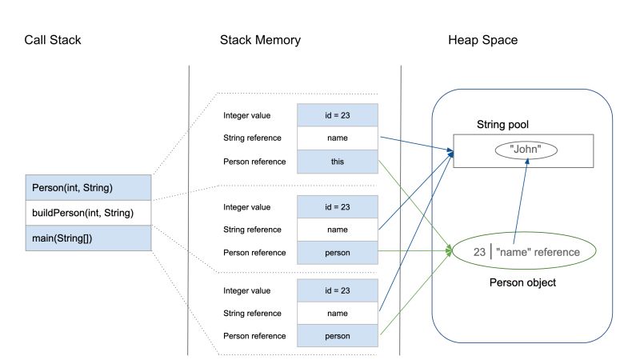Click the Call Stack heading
point(52,40)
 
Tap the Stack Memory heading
point(260,40)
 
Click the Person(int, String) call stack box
point(88,189)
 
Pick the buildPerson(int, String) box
point(88,213)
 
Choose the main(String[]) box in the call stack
point(88,238)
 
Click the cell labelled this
point(337,161)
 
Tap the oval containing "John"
point(526,150)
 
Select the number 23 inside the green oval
point(479,252)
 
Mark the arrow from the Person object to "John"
point(520,200)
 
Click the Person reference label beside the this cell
point(254,161)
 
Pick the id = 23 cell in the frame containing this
point(337,115)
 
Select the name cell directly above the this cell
point(337,138)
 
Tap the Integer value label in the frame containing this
point(249,115)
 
